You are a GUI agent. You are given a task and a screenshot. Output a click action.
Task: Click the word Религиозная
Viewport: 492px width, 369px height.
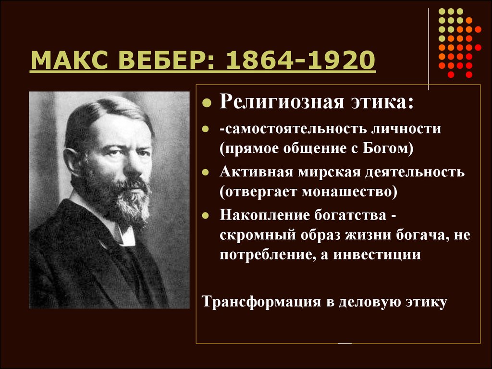(282, 102)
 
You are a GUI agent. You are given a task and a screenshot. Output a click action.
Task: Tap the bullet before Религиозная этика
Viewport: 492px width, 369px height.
(207, 103)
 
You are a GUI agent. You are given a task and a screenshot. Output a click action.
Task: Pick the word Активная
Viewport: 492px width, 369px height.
(257, 172)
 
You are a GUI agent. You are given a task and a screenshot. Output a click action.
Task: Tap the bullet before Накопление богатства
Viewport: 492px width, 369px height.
(206, 215)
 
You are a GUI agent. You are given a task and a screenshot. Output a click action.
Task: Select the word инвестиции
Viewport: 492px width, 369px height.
(377, 255)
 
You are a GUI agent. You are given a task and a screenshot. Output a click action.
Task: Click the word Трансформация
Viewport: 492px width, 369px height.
(261, 302)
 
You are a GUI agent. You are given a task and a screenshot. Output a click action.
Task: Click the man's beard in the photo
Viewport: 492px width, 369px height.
(125, 197)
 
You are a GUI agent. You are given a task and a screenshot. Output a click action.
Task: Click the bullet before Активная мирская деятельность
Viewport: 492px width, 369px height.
(206, 172)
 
